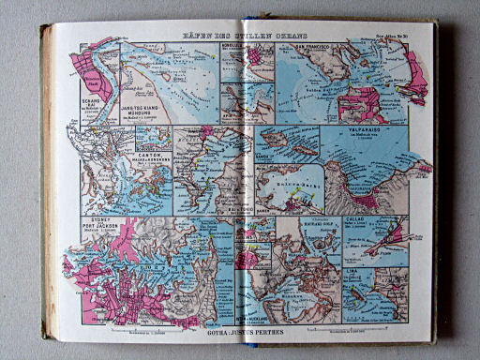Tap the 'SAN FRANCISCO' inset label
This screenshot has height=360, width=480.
click(x=299, y=46)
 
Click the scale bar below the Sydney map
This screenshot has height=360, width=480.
click(x=141, y=329)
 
